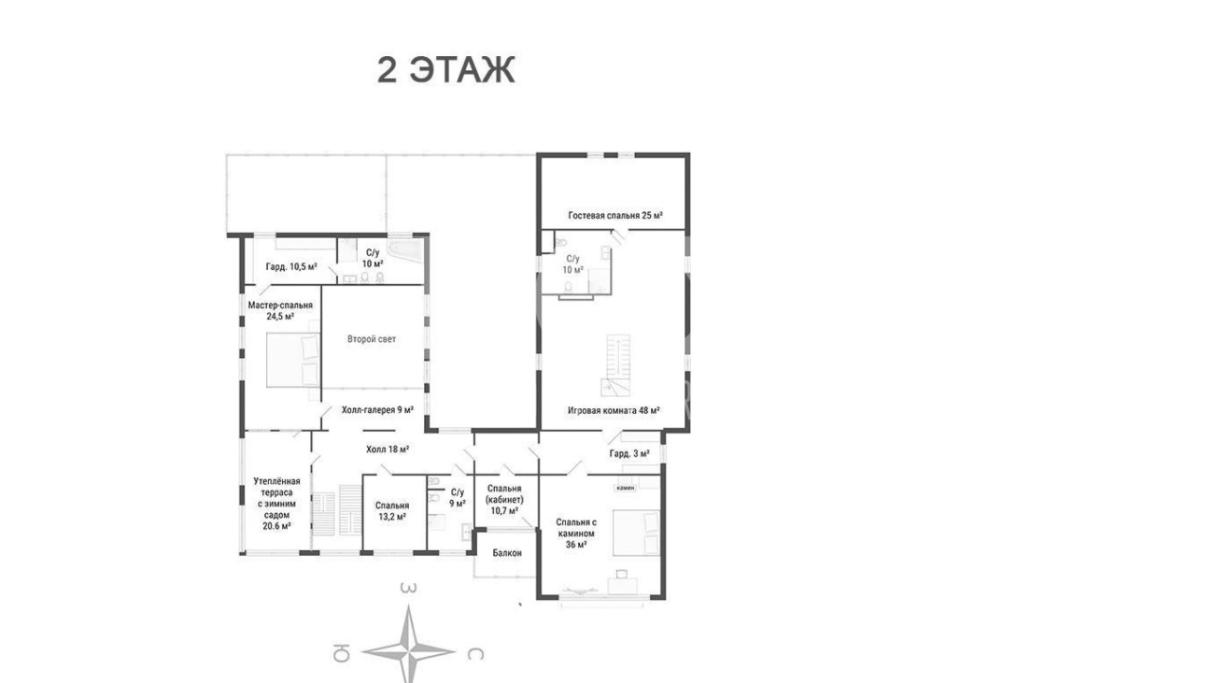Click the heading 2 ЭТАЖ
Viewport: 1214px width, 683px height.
445,70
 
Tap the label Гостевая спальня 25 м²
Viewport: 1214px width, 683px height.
615,215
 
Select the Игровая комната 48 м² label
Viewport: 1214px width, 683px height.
614,410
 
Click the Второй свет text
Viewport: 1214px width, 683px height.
372,339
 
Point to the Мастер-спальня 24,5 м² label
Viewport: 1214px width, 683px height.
280,310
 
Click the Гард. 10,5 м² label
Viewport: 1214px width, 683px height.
291,266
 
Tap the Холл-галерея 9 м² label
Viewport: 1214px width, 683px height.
378,410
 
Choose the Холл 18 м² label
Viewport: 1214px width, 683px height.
388,449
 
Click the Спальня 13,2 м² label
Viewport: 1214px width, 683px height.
392,511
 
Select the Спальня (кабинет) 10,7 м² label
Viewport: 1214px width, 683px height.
504,499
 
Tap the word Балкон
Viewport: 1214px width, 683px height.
507,553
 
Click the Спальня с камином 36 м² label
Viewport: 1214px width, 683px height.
576,534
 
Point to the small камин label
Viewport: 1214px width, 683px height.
626,488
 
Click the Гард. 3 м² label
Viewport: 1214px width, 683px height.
629,454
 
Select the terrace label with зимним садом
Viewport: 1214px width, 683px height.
277,504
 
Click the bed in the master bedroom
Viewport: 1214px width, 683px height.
293,360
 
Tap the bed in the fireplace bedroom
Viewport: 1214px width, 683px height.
637,533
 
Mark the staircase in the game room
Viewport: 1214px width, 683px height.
616,365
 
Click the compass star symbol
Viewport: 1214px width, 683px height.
409,647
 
